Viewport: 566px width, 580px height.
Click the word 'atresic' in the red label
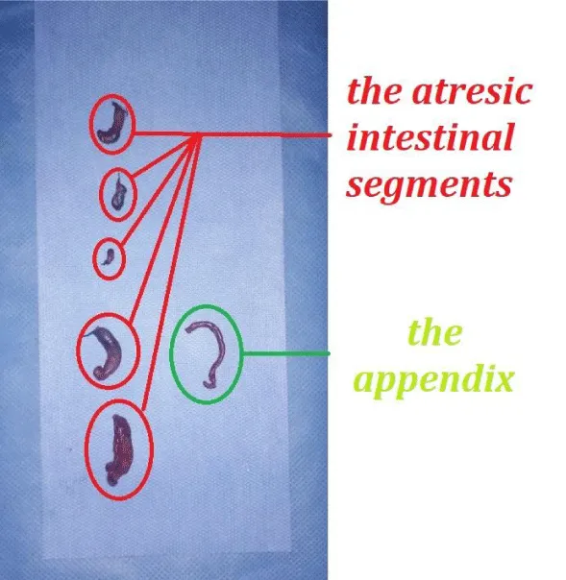tap(472, 92)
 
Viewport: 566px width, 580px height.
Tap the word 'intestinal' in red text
tap(431, 136)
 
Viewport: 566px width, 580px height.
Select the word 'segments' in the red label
tap(430, 185)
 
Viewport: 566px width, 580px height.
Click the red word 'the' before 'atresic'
tap(375, 91)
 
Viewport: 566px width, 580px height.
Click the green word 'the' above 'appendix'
tap(435, 332)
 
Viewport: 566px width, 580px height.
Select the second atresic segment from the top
tap(119, 192)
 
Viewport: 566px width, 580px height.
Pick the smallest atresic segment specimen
tap(109, 256)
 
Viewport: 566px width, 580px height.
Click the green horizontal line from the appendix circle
tap(285, 354)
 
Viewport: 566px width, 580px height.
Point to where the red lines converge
tap(197, 134)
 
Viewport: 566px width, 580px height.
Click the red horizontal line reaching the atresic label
tap(231, 134)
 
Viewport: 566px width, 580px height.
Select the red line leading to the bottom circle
tap(170, 272)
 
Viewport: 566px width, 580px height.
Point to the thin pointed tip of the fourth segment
tap(86, 335)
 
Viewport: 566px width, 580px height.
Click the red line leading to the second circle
tap(163, 156)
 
